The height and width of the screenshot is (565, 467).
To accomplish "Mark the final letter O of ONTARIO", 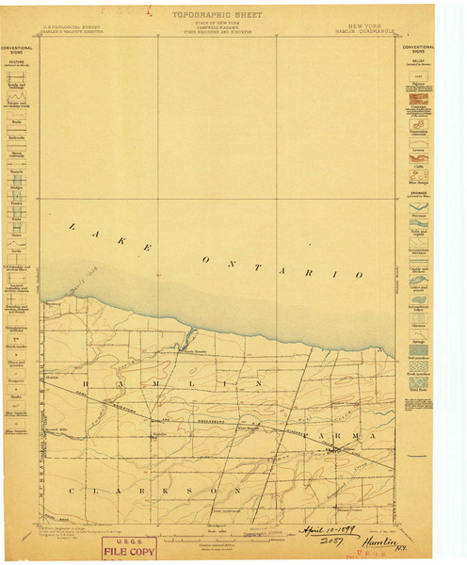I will (x=359, y=274).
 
